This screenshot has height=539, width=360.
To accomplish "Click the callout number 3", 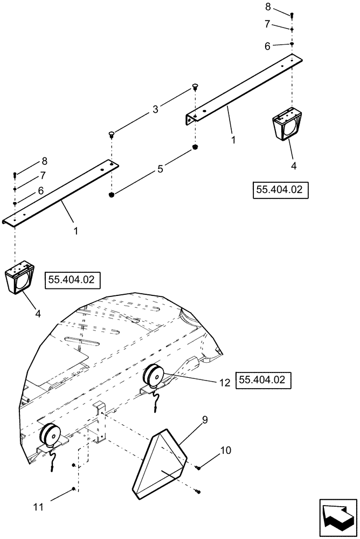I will (155, 109).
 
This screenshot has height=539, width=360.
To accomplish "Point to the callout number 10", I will (225, 450).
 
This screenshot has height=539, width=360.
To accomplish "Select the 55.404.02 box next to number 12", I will (264, 380).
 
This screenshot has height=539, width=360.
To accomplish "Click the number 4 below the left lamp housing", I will (38, 312).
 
